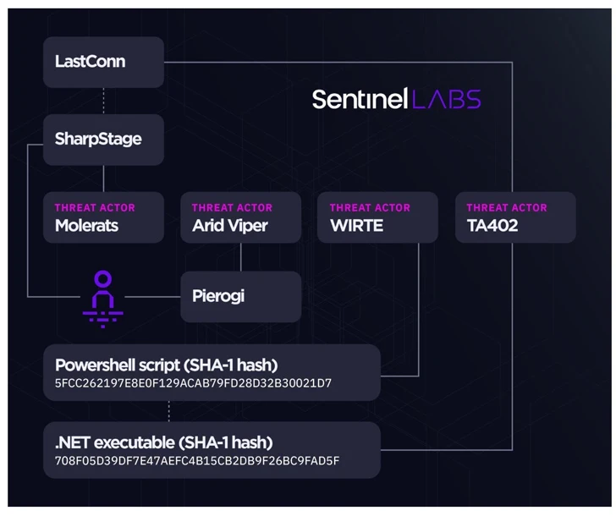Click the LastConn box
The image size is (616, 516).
coord(103,62)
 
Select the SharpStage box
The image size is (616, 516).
coord(103,140)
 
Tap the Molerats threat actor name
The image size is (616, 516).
coord(87,226)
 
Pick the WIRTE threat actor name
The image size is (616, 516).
coord(356,226)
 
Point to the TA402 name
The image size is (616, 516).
coord(492,226)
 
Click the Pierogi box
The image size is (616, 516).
coord(240,296)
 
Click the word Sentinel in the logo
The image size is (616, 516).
coord(360,99)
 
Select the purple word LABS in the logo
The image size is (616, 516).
coord(447,99)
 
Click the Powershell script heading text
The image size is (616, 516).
coord(167,365)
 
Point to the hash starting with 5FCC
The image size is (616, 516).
coord(193,384)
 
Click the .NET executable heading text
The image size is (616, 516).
coord(164,442)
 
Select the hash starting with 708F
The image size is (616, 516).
coord(197,461)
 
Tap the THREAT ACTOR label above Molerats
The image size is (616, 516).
coord(95,207)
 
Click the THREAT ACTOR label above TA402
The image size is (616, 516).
coord(507,207)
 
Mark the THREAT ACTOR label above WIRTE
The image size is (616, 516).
coord(370,207)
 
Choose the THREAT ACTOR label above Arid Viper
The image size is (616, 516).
coord(232,207)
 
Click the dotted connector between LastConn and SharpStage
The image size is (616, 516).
coord(103,101)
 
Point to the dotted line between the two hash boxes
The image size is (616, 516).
coord(168,411)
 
